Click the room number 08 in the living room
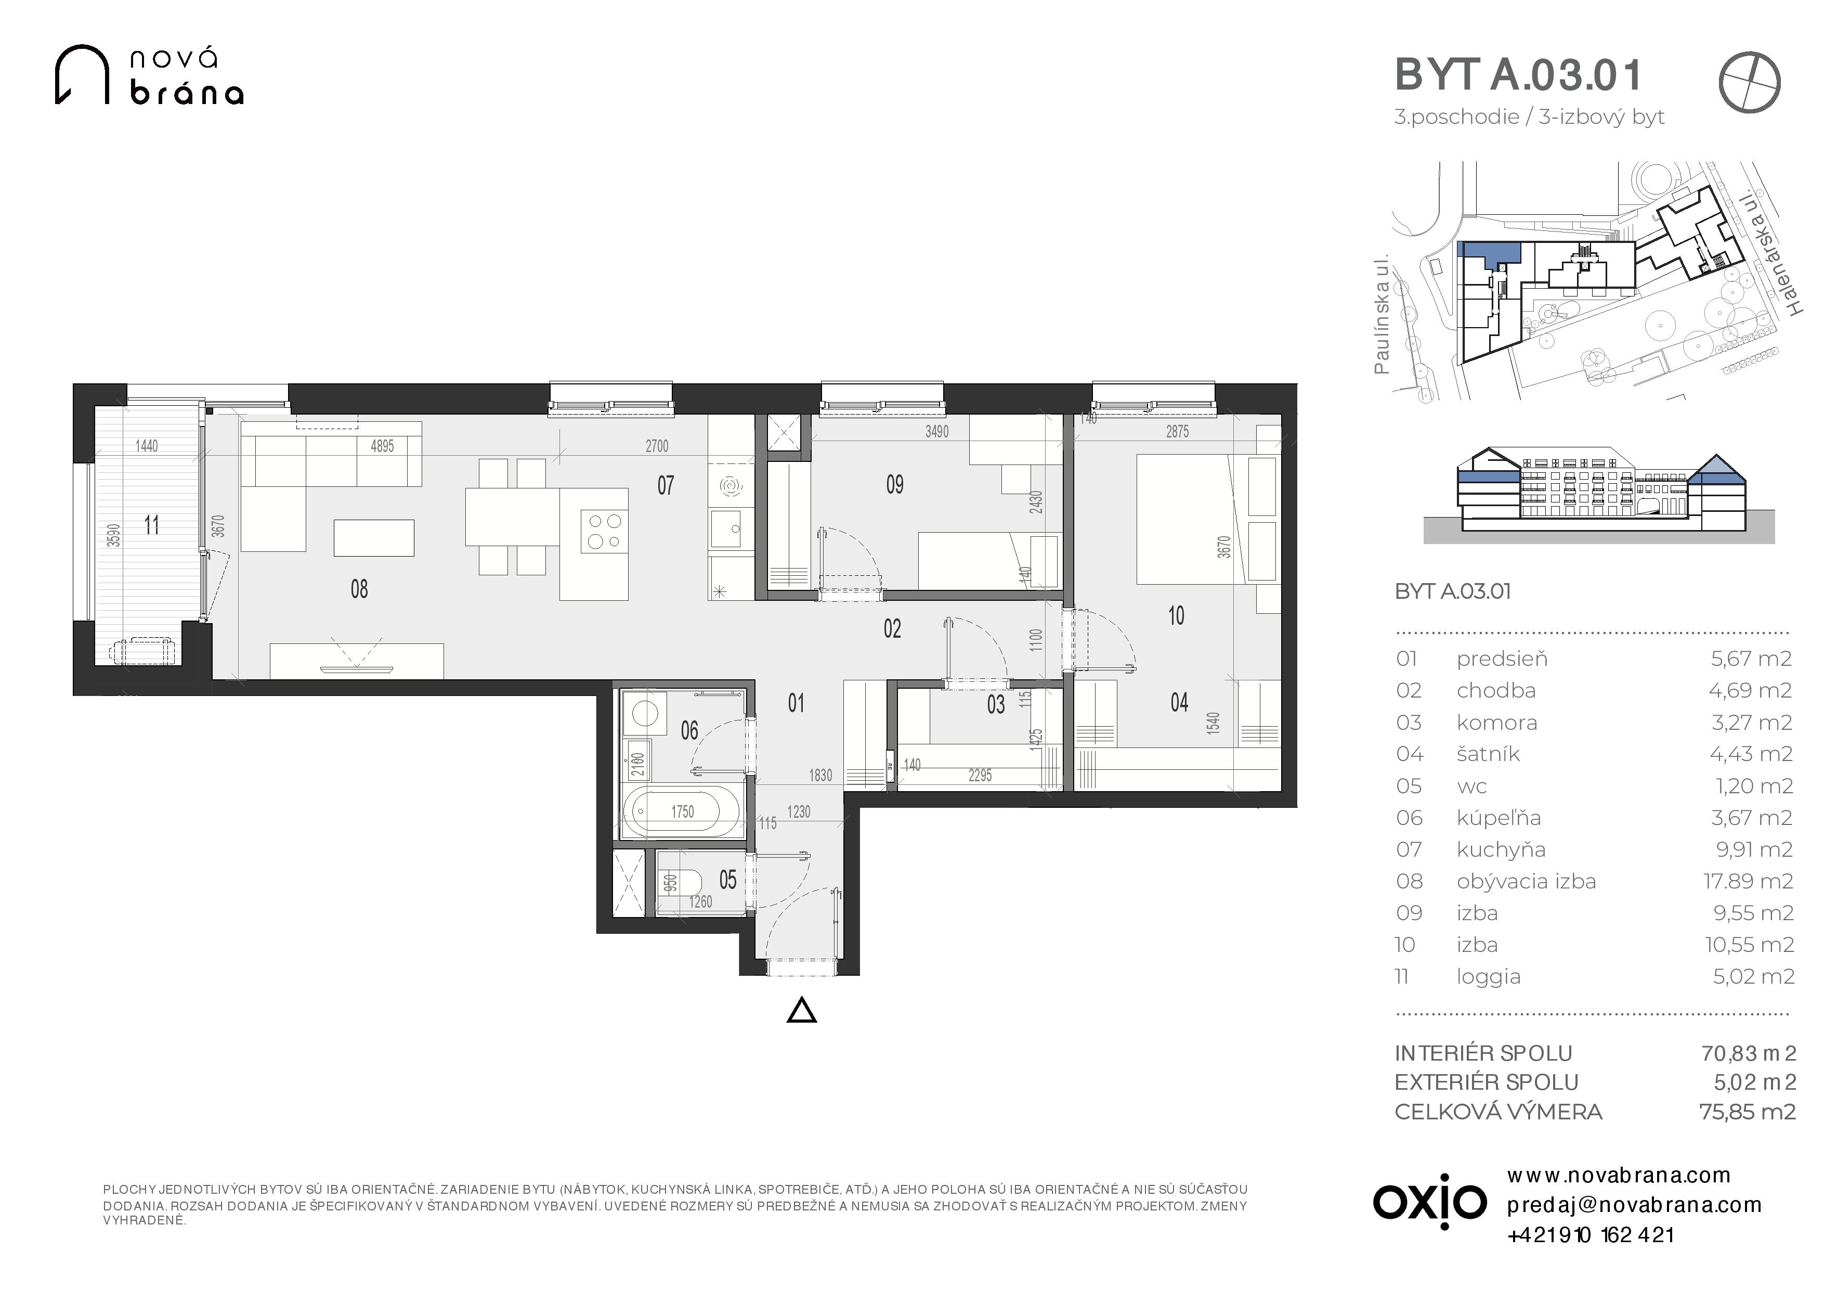[x=359, y=589]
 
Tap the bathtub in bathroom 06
[x=682, y=811]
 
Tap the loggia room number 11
[x=152, y=525]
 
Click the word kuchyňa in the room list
[x=1501, y=849]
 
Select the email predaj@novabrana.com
[x=1634, y=1205]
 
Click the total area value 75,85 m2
[x=1747, y=1111]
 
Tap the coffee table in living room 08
[x=374, y=537]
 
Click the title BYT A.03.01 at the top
[x=1518, y=75]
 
